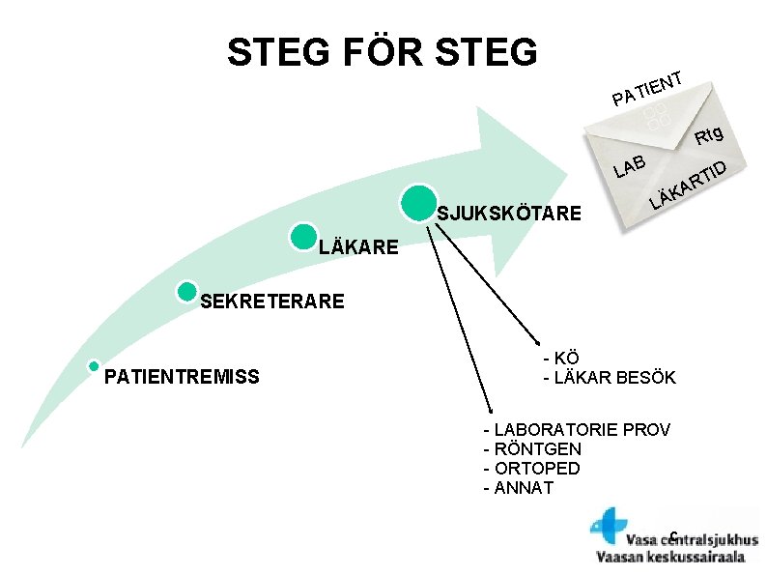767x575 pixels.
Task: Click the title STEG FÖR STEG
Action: click(382, 52)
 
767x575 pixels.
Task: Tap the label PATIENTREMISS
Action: click(182, 376)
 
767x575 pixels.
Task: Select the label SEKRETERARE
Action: click(271, 302)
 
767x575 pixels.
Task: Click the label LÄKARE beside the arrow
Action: click(357, 247)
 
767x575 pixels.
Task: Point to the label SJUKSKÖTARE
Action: click(509, 213)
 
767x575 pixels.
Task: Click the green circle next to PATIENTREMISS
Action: click(94, 366)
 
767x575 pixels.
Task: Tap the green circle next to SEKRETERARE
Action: click(187, 293)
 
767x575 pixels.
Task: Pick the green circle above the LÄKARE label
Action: click(303, 238)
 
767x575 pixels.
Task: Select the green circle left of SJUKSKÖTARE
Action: click(415, 202)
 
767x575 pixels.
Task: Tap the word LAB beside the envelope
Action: click(629, 167)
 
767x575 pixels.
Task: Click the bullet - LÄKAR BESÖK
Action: click(609, 377)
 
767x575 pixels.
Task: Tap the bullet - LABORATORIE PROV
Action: click(576, 429)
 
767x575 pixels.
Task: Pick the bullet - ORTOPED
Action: click(531, 468)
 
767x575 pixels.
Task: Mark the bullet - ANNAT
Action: click(518, 487)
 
